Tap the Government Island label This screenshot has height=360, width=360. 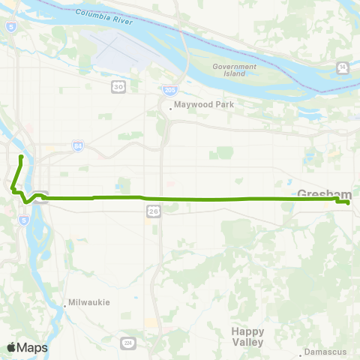click(229, 70)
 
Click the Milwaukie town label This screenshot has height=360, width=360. click(89, 302)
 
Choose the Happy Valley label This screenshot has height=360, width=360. click(248, 335)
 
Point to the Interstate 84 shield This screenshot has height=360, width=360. click(78, 145)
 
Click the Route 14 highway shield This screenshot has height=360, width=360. click(343, 68)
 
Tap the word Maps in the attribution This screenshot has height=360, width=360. click(32, 347)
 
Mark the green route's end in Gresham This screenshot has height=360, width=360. click(349, 202)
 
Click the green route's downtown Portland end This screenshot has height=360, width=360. click(20, 156)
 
